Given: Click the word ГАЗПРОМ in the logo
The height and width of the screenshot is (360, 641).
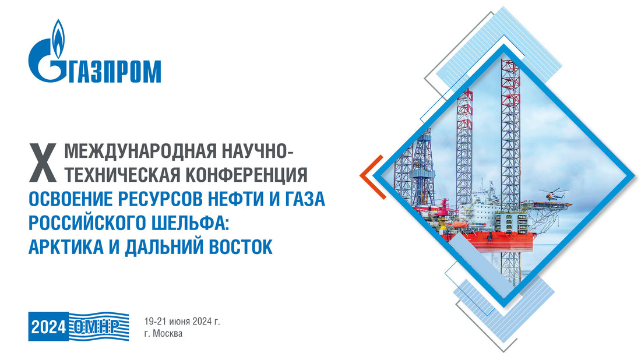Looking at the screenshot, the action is click(x=114, y=72).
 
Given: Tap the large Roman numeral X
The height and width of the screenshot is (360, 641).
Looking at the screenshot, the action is click(x=43, y=163).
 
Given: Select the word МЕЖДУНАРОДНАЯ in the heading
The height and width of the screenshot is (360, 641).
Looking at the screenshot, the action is click(x=140, y=151).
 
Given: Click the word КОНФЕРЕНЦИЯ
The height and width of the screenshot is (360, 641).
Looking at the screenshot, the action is click(x=246, y=175).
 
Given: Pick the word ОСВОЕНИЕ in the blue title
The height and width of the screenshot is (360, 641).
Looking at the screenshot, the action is click(x=71, y=199).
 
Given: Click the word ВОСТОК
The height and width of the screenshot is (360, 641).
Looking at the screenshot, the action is click(x=241, y=247).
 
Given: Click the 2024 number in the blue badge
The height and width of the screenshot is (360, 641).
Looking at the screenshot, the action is click(x=48, y=327).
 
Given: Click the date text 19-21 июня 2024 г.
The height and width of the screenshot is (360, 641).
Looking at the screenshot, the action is click(x=182, y=322).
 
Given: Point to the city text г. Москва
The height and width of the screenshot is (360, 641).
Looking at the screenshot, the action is click(x=163, y=333).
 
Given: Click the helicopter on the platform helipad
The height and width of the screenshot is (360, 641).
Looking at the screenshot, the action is click(x=552, y=193).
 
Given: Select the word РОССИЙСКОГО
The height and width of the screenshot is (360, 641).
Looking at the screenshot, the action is click(x=88, y=223).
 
